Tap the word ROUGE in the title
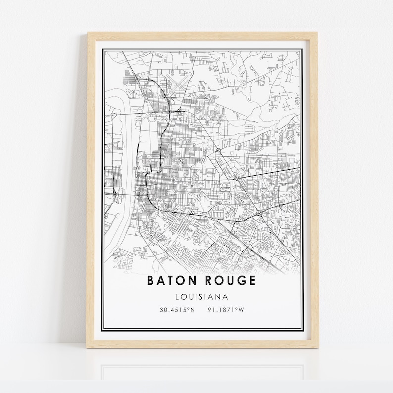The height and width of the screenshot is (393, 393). click(x=231, y=281)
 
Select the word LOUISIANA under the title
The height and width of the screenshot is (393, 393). click(x=201, y=297)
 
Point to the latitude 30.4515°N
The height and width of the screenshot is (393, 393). click(x=177, y=310)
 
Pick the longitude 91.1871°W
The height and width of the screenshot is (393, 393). click(x=227, y=310)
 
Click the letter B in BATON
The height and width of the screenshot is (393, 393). click(x=151, y=281)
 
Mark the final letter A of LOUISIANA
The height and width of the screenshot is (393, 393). click(x=225, y=297)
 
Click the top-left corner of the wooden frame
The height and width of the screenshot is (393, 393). click(x=89, y=33)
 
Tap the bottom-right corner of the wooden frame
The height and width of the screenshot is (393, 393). click(x=317, y=348)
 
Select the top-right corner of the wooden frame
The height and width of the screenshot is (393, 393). click(x=317, y=33)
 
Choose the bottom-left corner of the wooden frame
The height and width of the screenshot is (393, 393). click(x=89, y=348)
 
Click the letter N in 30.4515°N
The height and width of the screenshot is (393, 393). click(x=193, y=310)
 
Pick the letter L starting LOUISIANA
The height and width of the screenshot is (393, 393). click(x=177, y=297)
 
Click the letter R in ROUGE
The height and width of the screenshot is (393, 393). click(x=207, y=281)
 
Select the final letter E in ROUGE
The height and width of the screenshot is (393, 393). click(x=253, y=281)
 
